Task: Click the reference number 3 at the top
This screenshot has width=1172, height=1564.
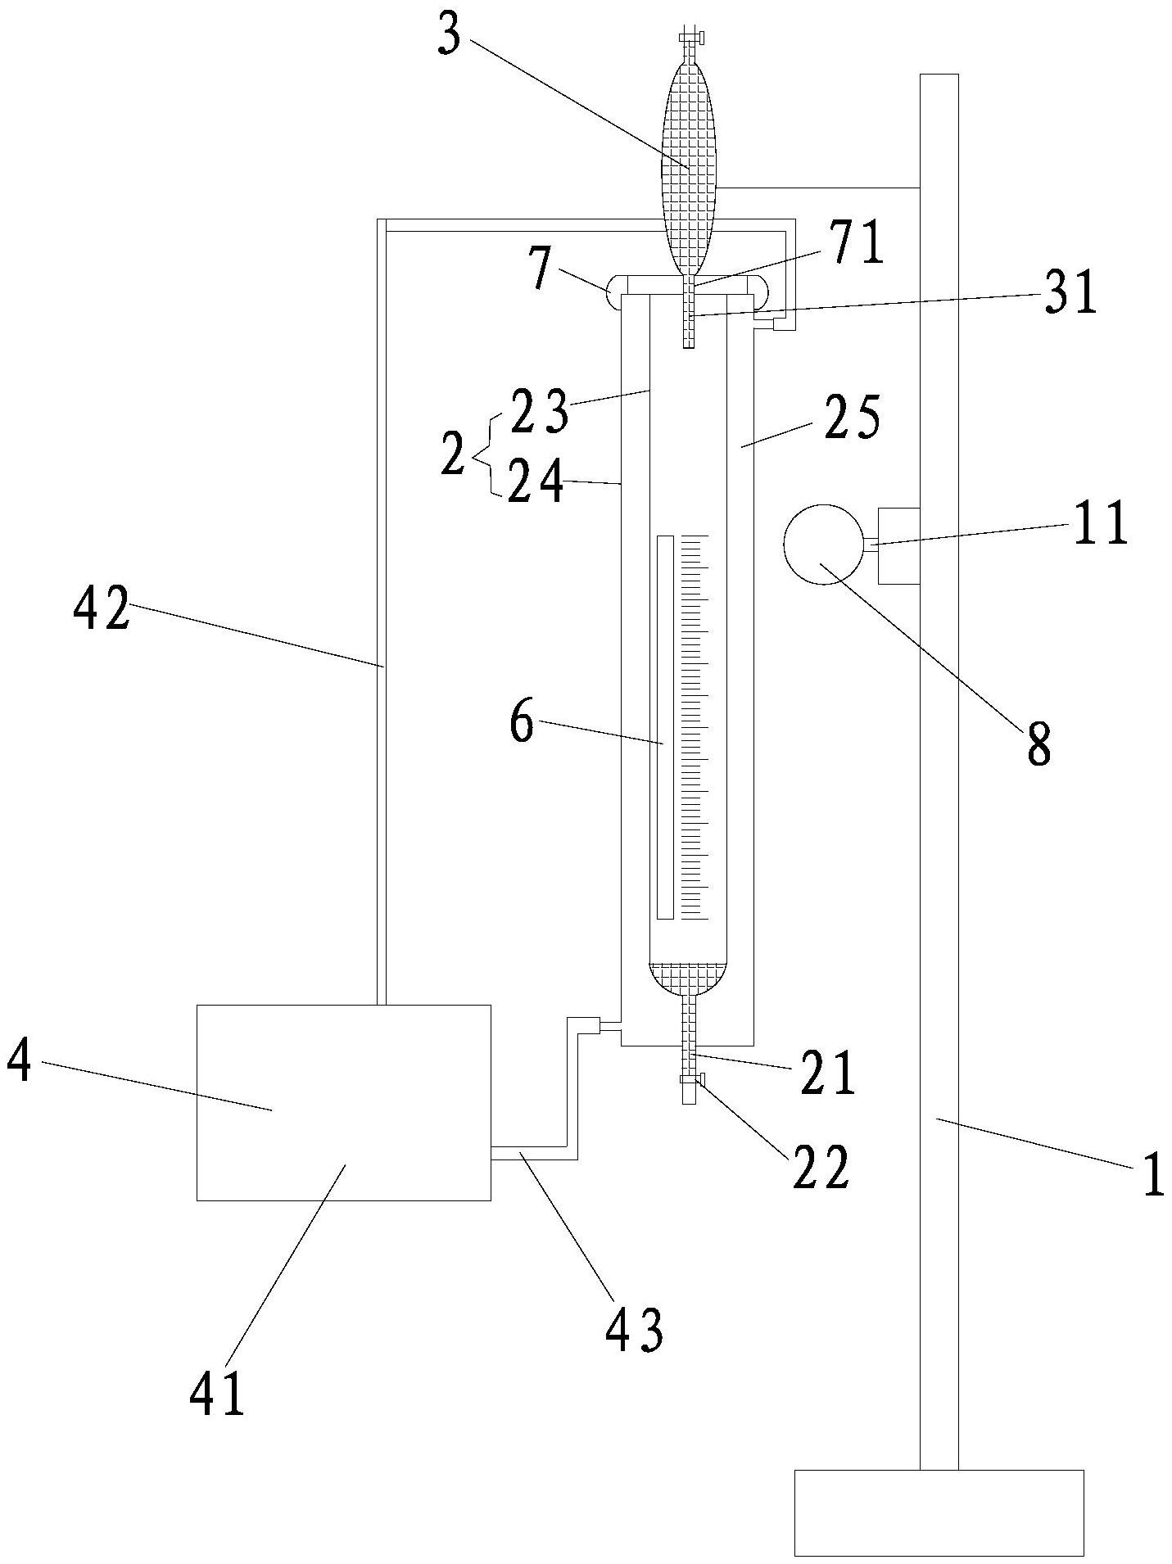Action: coord(450,39)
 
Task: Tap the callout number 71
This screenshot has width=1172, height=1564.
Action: coord(858,245)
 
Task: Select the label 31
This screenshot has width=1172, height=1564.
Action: coord(1070,296)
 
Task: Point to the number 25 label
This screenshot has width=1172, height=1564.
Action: coord(853,418)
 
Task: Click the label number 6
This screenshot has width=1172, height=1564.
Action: coord(523,722)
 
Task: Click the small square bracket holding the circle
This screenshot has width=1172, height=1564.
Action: coord(898,545)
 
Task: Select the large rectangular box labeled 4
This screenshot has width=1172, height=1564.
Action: coord(344,1102)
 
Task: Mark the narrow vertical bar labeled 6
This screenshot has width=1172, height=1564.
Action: coord(665,727)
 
